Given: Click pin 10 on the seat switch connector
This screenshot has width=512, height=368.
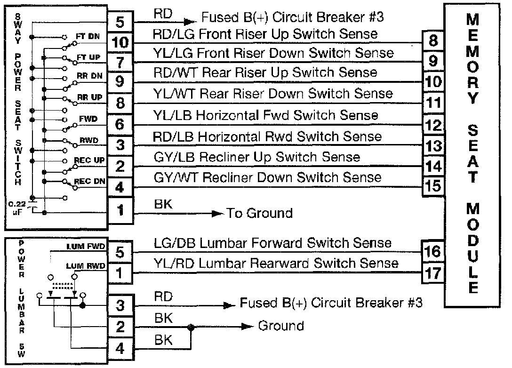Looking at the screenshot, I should (121, 42).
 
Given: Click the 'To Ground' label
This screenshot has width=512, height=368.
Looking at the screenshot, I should (260, 213).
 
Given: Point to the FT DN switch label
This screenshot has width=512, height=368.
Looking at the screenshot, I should (88, 36).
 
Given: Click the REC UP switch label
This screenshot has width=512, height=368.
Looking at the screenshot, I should (89, 160).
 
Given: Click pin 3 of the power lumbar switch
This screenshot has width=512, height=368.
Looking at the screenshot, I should (120, 306).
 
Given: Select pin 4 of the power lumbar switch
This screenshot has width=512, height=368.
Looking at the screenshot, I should (120, 349).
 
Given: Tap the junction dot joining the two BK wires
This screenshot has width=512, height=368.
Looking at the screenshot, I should (190, 326).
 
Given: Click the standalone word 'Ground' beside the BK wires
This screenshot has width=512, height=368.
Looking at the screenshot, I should (281, 326).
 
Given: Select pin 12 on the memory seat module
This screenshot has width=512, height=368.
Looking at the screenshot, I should (433, 125).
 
